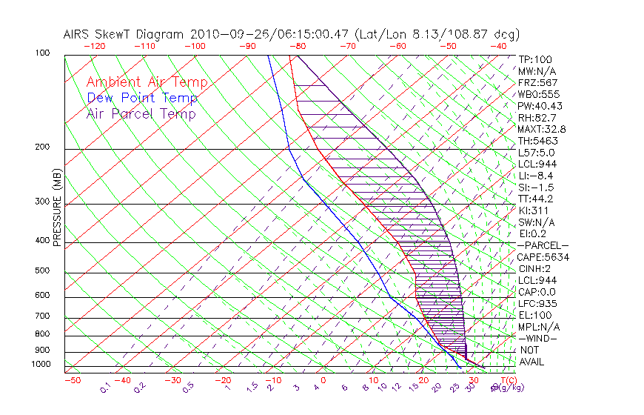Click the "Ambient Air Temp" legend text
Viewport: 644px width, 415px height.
click(x=147, y=82)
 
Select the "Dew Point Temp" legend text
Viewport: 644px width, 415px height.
click(x=142, y=98)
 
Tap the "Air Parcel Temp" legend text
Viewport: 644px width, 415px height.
click(x=141, y=113)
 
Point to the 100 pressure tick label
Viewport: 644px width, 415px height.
click(x=42, y=53)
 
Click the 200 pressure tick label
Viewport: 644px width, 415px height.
click(x=42, y=147)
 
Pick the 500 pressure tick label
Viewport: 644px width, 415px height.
click(x=42, y=271)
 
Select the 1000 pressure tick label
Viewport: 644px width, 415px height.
click(x=40, y=365)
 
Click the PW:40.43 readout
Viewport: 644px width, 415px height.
click(x=540, y=106)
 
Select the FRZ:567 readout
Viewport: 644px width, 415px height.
click(x=537, y=82)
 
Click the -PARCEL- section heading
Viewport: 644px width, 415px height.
click(x=543, y=245)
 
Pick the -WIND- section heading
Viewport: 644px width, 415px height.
click(x=537, y=339)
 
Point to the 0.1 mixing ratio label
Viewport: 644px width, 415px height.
click(x=107, y=386)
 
